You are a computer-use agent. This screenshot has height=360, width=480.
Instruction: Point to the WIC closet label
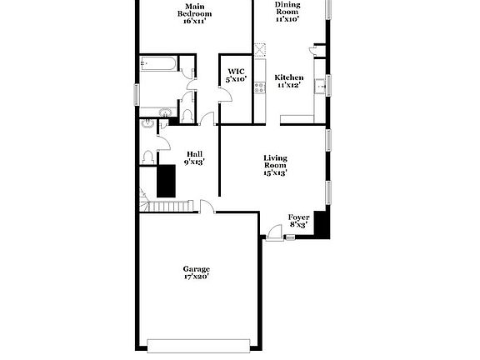236,72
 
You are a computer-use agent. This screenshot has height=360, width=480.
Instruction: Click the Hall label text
194,153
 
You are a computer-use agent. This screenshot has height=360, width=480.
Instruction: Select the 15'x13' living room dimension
275,173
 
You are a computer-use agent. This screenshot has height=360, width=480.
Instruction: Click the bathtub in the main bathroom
157,64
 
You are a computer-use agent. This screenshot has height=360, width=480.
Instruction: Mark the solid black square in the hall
165,179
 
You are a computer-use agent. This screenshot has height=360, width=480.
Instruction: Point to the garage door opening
198,342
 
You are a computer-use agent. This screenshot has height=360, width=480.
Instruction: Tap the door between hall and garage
206,207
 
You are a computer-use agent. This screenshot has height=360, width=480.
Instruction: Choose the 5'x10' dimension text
236,79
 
